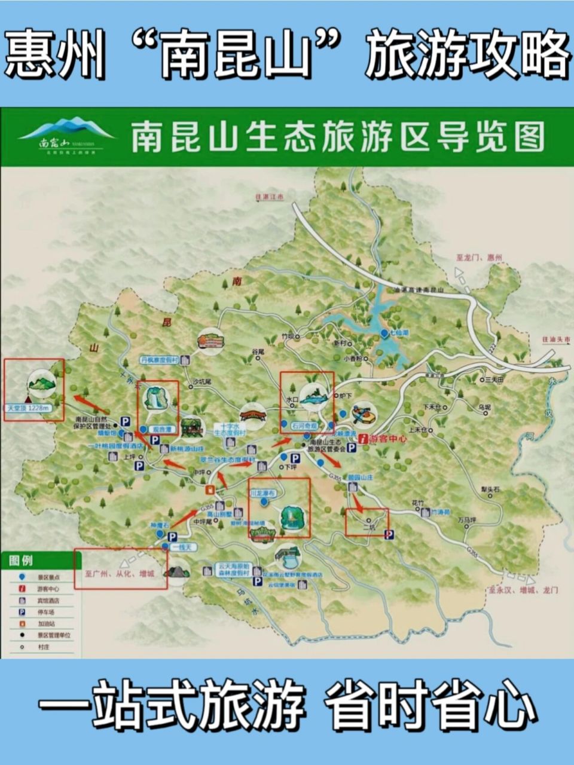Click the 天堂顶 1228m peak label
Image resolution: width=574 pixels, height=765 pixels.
[27, 408]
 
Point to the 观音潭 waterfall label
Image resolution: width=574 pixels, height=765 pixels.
[158, 429]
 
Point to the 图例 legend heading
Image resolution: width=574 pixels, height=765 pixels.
[22, 561]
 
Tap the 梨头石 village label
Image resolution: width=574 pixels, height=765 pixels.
[489, 489]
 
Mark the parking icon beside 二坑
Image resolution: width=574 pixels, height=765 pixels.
[389, 534]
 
